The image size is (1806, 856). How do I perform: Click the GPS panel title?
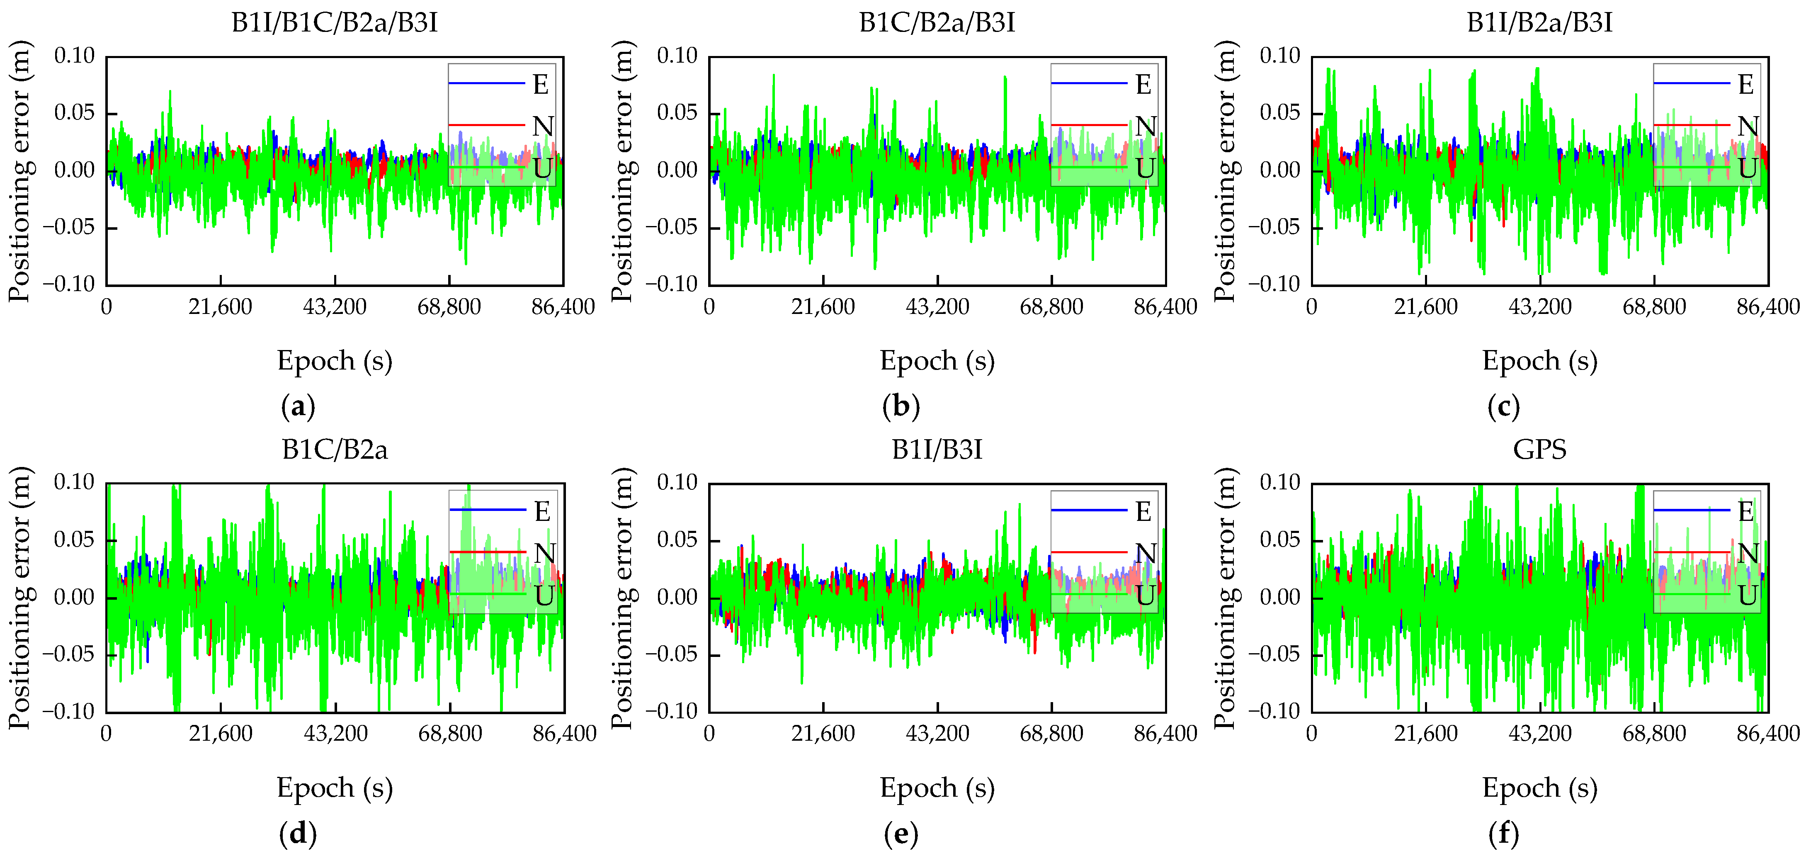(x=1539, y=450)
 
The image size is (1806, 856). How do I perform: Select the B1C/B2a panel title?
(x=335, y=450)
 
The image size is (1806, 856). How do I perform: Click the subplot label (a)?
(x=298, y=406)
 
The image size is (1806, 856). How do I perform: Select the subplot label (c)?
(x=1503, y=406)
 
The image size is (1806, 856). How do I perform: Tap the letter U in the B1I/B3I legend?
(x=1144, y=596)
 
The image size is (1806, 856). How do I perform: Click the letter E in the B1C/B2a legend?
(x=542, y=512)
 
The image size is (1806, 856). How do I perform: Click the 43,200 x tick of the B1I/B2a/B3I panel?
(x=1539, y=307)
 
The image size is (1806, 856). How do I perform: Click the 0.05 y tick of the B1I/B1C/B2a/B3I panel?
(x=74, y=113)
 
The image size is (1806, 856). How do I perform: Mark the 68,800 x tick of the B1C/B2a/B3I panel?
(x=1051, y=307)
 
